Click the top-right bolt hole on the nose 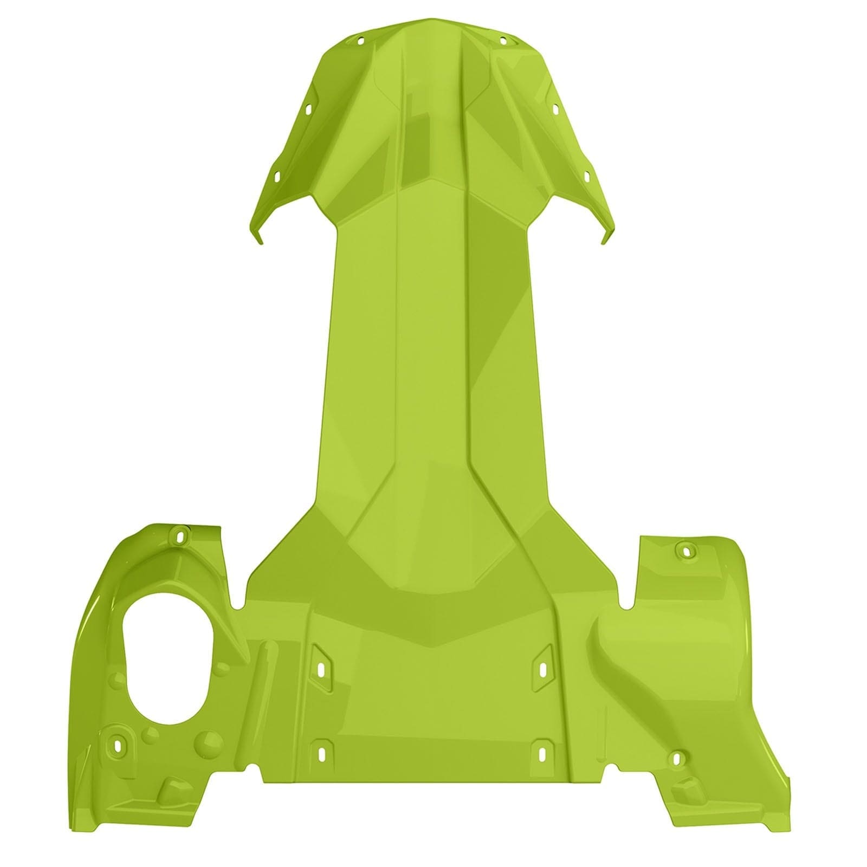(503, 39)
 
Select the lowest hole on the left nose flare (276, 177)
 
